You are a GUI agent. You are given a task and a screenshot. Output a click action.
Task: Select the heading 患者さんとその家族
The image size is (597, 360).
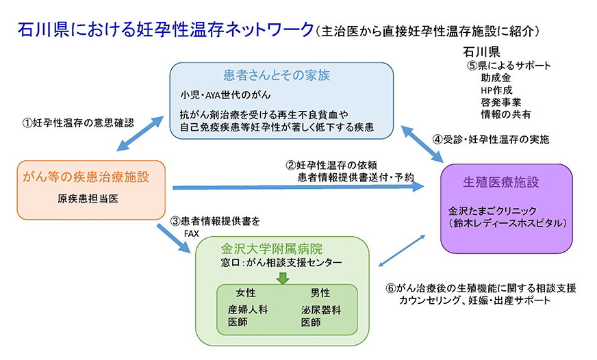point(281,74)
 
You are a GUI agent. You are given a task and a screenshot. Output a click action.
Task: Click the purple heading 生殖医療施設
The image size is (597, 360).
point(501,182)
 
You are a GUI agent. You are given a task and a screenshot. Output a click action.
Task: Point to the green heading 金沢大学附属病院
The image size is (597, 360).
point(272,248)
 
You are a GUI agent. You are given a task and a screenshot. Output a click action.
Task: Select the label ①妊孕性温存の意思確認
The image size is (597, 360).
point(77,123)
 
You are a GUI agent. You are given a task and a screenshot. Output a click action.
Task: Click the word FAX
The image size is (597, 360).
point(191,233)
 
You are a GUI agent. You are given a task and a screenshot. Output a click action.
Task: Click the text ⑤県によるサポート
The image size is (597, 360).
point(509,66)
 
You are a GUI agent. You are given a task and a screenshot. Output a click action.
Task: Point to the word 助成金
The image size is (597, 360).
point(496,78)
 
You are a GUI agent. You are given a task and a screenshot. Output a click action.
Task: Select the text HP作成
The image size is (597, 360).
point(496,90)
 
